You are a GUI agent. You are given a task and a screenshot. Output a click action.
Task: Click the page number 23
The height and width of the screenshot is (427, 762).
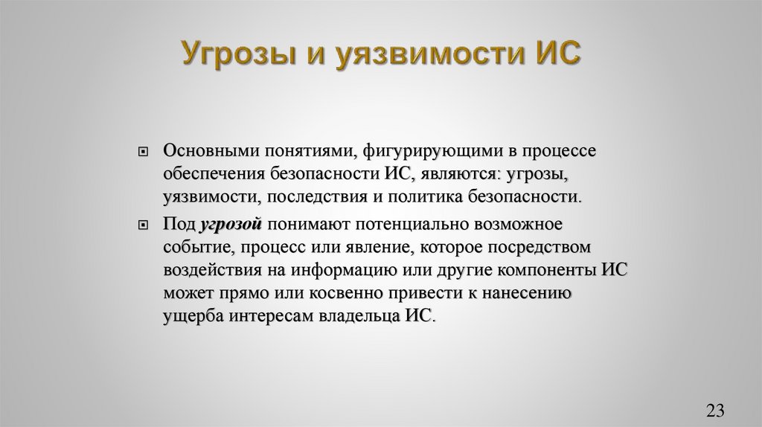tap(715, 410)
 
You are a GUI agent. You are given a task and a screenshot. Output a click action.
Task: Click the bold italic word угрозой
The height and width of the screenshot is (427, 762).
tap(229, 223)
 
